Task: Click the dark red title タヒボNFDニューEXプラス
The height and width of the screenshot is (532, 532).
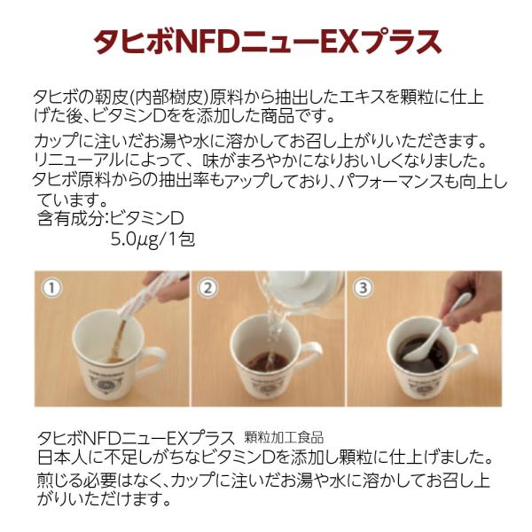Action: coord(268,42)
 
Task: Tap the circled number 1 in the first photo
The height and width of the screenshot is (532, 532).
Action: coord(52,288)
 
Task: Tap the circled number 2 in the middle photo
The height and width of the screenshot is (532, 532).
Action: coord(207,288)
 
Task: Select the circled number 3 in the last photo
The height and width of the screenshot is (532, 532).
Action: coord(363,288)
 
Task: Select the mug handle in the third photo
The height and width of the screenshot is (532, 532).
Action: coord(467,356)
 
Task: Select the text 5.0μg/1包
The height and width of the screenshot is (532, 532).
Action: coord(153,240)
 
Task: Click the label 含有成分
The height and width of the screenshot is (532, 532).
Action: coord(71,218)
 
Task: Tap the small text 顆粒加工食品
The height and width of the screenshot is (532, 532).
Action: coord(284,438)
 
